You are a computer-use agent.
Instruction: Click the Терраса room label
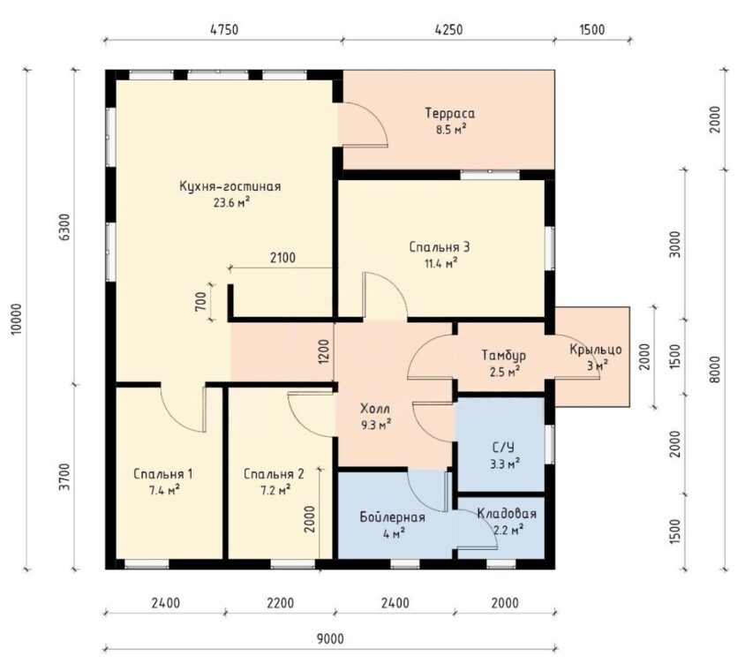click(449, 114)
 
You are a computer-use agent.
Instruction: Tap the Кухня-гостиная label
click(230, 186)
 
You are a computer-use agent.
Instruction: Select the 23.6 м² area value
click(232, 203)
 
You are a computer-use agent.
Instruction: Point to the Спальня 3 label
click(440, 247)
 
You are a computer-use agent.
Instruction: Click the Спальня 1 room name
click(163, 474)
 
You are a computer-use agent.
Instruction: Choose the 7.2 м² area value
click(274, 489)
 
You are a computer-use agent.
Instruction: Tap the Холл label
click(375, 408)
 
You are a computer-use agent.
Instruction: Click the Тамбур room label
click(504, 355)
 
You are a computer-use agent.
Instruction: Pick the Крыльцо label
click(596, 350)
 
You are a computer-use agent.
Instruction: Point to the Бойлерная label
click(392, 517)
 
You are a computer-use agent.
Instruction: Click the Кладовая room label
click(507, 514)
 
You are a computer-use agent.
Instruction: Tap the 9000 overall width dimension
click(330, 638)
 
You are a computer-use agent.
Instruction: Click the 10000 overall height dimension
click(17, 319)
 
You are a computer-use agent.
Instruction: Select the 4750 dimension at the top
click(224, 29)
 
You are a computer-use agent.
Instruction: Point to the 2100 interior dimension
click(282, 258)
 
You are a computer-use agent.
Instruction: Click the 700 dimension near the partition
click(200, 301)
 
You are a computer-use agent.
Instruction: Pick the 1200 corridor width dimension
click(324, 351)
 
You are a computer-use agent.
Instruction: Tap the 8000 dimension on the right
click(716, 369)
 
